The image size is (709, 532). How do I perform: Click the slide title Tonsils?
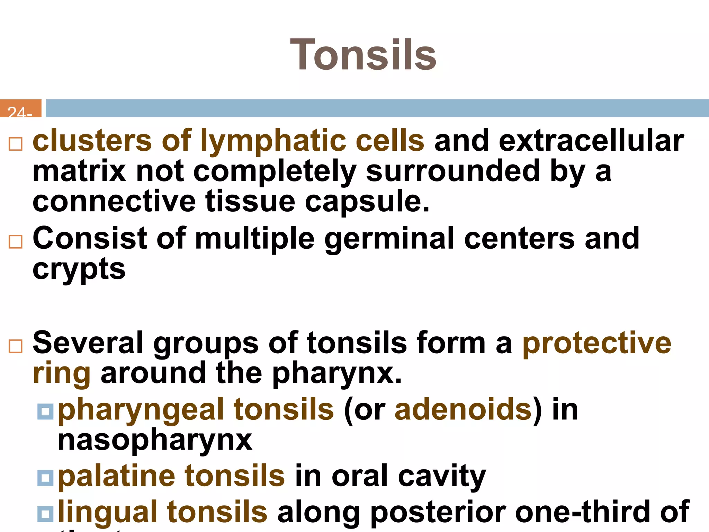pyautogui.click(x=363, y=55)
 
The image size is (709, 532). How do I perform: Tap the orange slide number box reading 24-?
pyautogui.click(x=20, y=109)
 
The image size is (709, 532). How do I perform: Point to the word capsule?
pyautogui.click(x=367, y=202)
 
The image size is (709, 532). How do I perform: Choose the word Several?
pyautogui.click(x=88, y=343)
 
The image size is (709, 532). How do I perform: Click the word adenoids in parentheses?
pyautogui.click(x=463, y=410)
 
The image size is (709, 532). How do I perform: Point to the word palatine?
pyautogui.click(x=117, y=476)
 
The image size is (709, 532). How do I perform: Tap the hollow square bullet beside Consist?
pyautogui.click(x=16, y=242)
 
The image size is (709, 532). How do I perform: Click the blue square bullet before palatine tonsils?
pyautogui.click(x=45, y=478)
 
